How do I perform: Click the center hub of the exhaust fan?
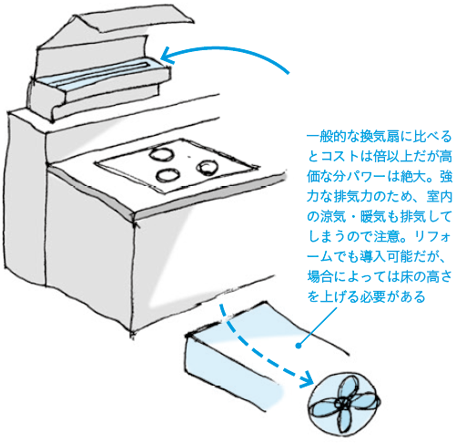click(341, 404)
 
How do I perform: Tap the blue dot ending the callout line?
click(299, 346)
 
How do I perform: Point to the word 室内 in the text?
click(440, 197)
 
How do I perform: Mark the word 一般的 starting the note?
click(327, 138)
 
